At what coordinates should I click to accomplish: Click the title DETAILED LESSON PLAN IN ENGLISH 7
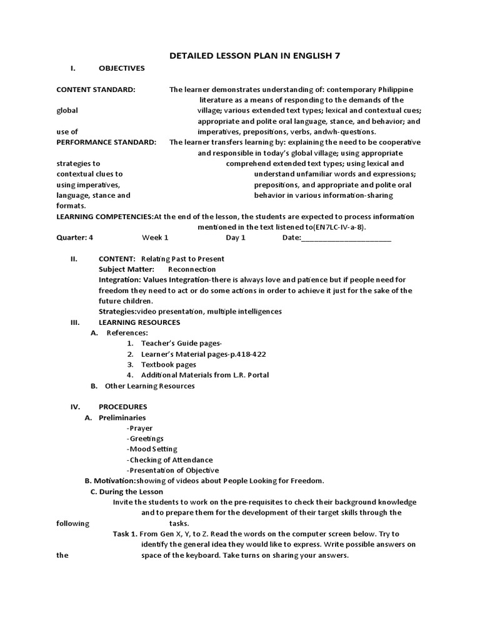(x=255, y=56)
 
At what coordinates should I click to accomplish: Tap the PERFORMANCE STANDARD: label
(x=106, y=142)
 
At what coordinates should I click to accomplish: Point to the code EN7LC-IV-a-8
(x=339, y=227)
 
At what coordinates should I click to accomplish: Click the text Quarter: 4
(x=74, y=238)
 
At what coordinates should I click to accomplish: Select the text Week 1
(x=155, y=238)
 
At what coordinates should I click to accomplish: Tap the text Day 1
(x=236, y=238)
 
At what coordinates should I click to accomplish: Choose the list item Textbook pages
(x=168, y=364)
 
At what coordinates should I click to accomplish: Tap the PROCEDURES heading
(x=122, y=407)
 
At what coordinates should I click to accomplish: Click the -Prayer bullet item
(x=139, y=428)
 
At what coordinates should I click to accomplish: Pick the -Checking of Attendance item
(x=169, y=459)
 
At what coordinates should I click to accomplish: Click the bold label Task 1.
(x=124, y=534)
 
